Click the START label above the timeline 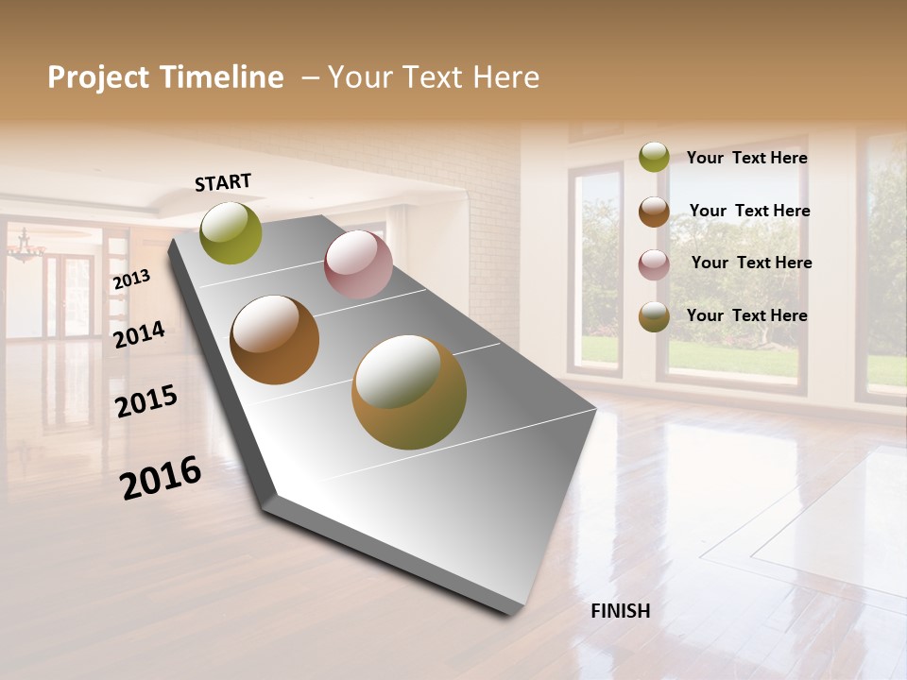(x=223, y=182)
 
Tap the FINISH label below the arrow (x=620, y=611)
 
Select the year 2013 (x=131, y=280)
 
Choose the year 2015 (x=146, y=401)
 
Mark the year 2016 (x=161, y=478)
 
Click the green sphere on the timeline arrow (x=231, y=233)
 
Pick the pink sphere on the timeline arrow (x=358, y=264)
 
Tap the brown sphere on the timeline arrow (x=275, y=340)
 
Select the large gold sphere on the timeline (x=409, y=392)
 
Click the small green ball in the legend (x=654, y=158)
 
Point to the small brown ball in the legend (x=654, y=212)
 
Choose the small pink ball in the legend (x=654, y=264)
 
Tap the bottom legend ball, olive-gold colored (x=654, y=316)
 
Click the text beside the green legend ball (x=746, y=159)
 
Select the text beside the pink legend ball (x=751, y=263)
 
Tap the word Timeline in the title (x=224, y=77)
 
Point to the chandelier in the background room (x=26, y=249)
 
